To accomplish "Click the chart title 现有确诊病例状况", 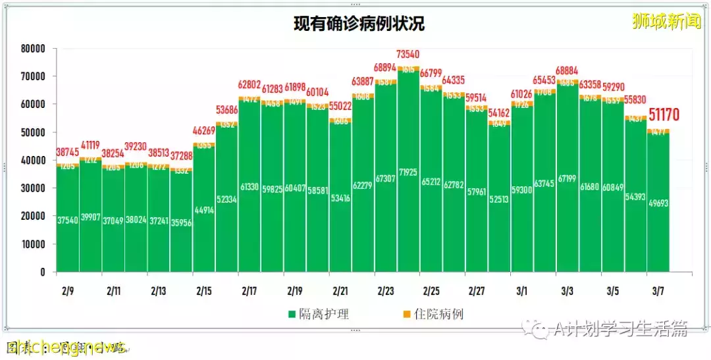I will tap(359, 24).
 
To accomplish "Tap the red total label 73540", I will tap(408, 54).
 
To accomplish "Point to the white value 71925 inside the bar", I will tap(408, 190).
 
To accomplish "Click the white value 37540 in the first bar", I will tap(68, 221).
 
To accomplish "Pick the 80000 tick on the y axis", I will tap(32, 49).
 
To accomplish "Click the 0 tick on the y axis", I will tap(42, 272).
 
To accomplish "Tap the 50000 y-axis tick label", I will tap(32, 132).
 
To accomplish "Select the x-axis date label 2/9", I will tap(67, 291).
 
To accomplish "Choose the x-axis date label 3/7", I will tap(658, 291).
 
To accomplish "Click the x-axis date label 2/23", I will tap(385, 291).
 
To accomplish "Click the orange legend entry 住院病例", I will tap(434, 314).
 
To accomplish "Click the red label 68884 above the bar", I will tap(567, 70).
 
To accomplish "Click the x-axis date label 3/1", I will tap(521, 291).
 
